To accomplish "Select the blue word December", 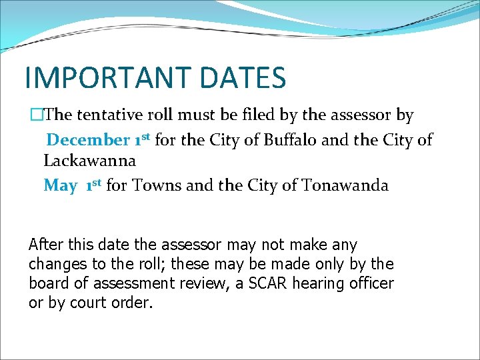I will tap(88, 140).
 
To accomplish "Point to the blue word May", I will tap(60, 185).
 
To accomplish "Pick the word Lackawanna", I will tap(89, 161).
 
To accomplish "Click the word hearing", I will tap(322, 283).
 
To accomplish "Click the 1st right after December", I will tap(143, 139).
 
